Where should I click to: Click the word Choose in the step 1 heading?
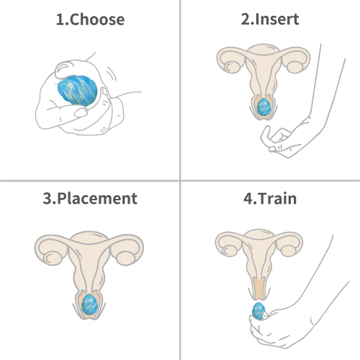coord(97,19)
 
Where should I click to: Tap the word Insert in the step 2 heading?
coord(277,19)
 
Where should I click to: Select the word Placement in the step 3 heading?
coord(97,199)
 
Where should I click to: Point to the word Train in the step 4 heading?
coord(277,199)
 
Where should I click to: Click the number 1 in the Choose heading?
coord(60,19)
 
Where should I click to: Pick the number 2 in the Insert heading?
coord(246,19)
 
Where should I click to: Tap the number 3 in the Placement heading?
coord(48,199)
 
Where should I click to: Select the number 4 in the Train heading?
coord(248,199)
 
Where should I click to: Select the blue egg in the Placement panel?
coord(89,304)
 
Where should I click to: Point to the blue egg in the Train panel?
coord(258,311)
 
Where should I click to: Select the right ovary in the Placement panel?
coord(125,258)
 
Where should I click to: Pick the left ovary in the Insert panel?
coord(232,66)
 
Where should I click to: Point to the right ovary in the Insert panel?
coord(295,66)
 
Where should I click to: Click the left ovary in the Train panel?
coord(229,250)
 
